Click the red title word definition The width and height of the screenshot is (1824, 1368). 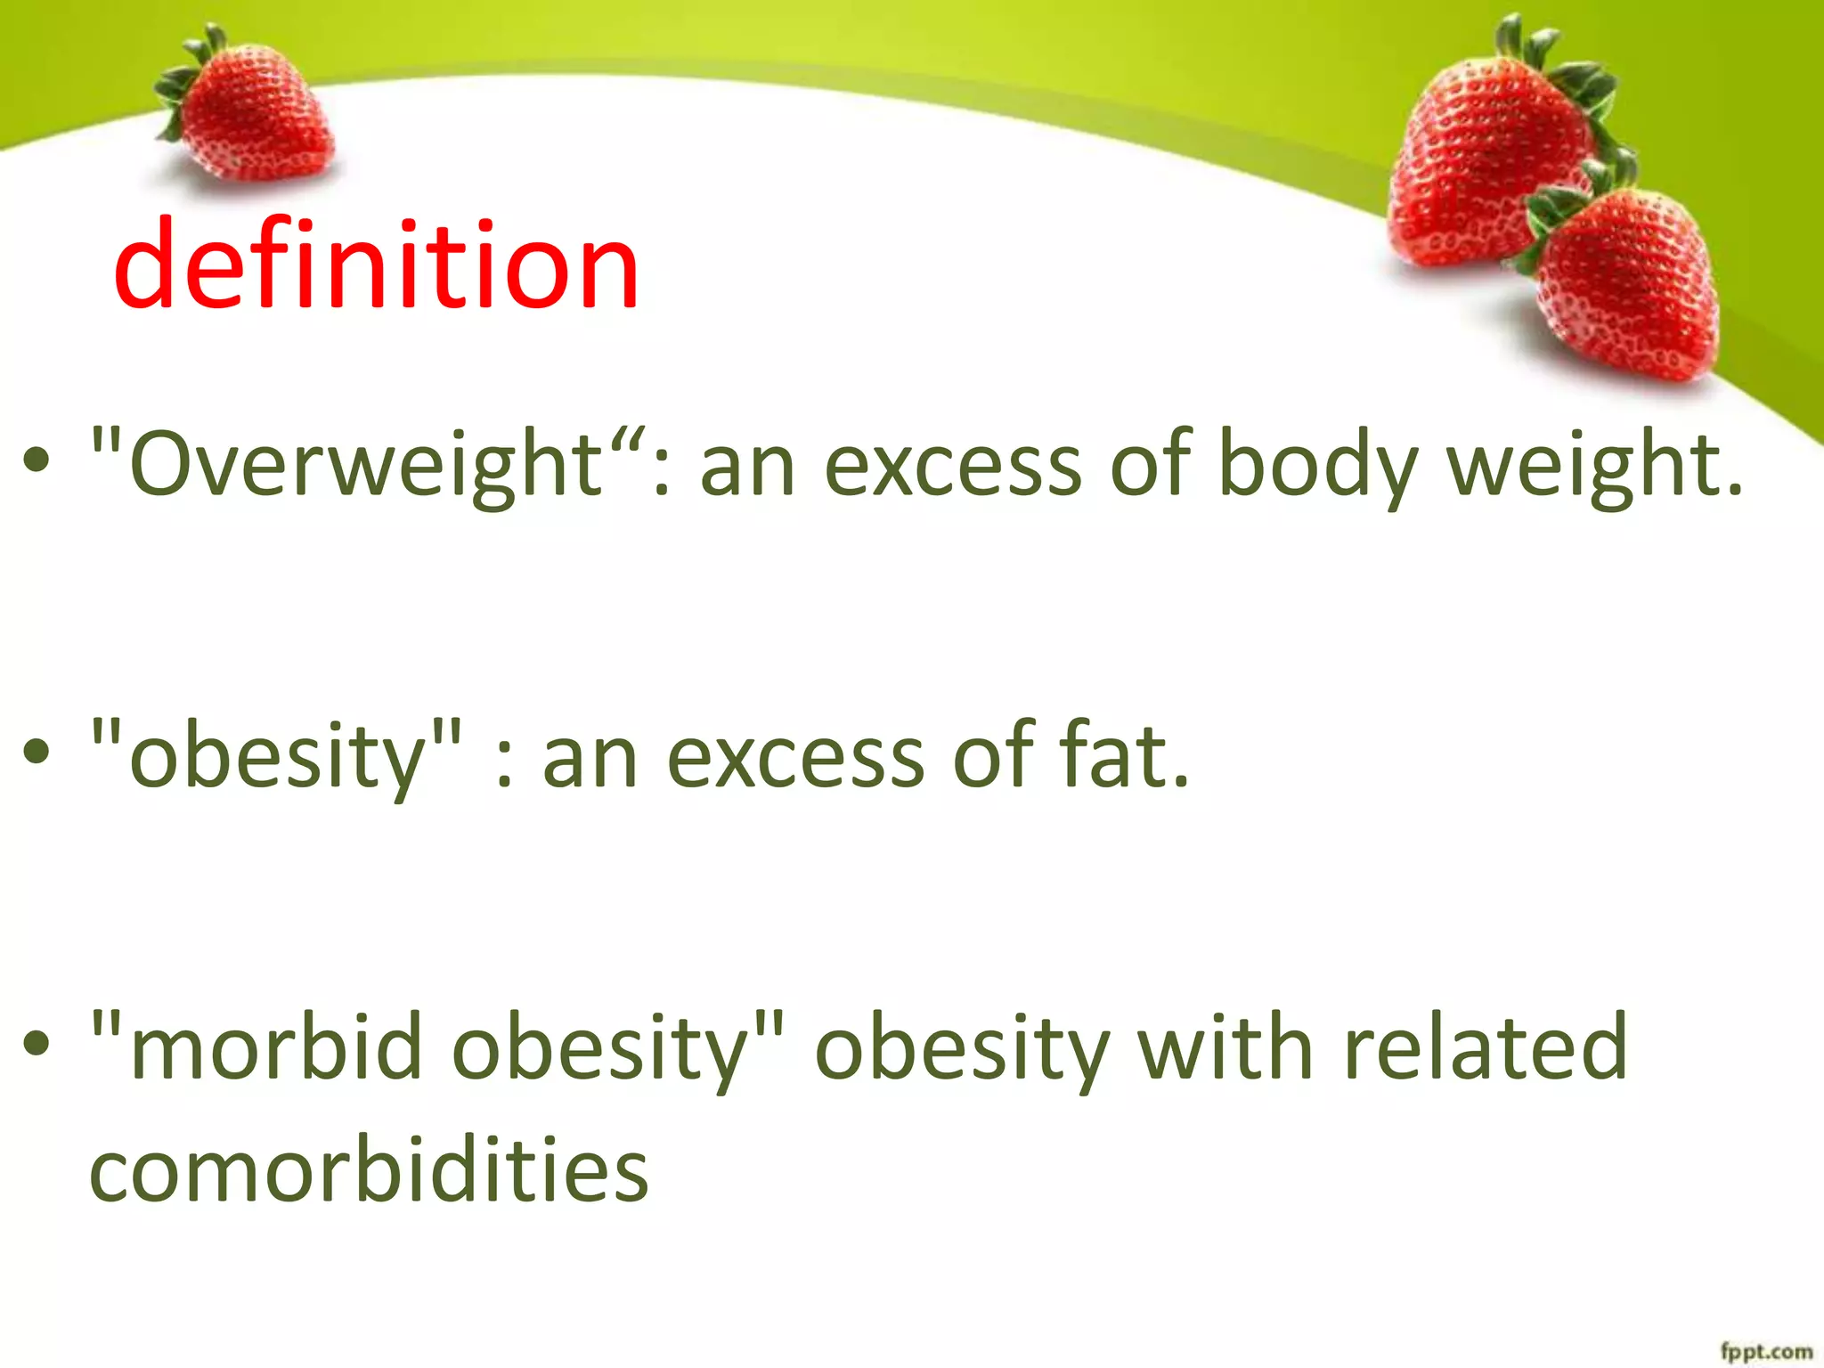[x=376, y=265]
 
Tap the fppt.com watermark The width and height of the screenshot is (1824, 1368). [x=1765, y=1351]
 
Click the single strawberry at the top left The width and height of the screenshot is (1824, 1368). [x=254, y=120]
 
